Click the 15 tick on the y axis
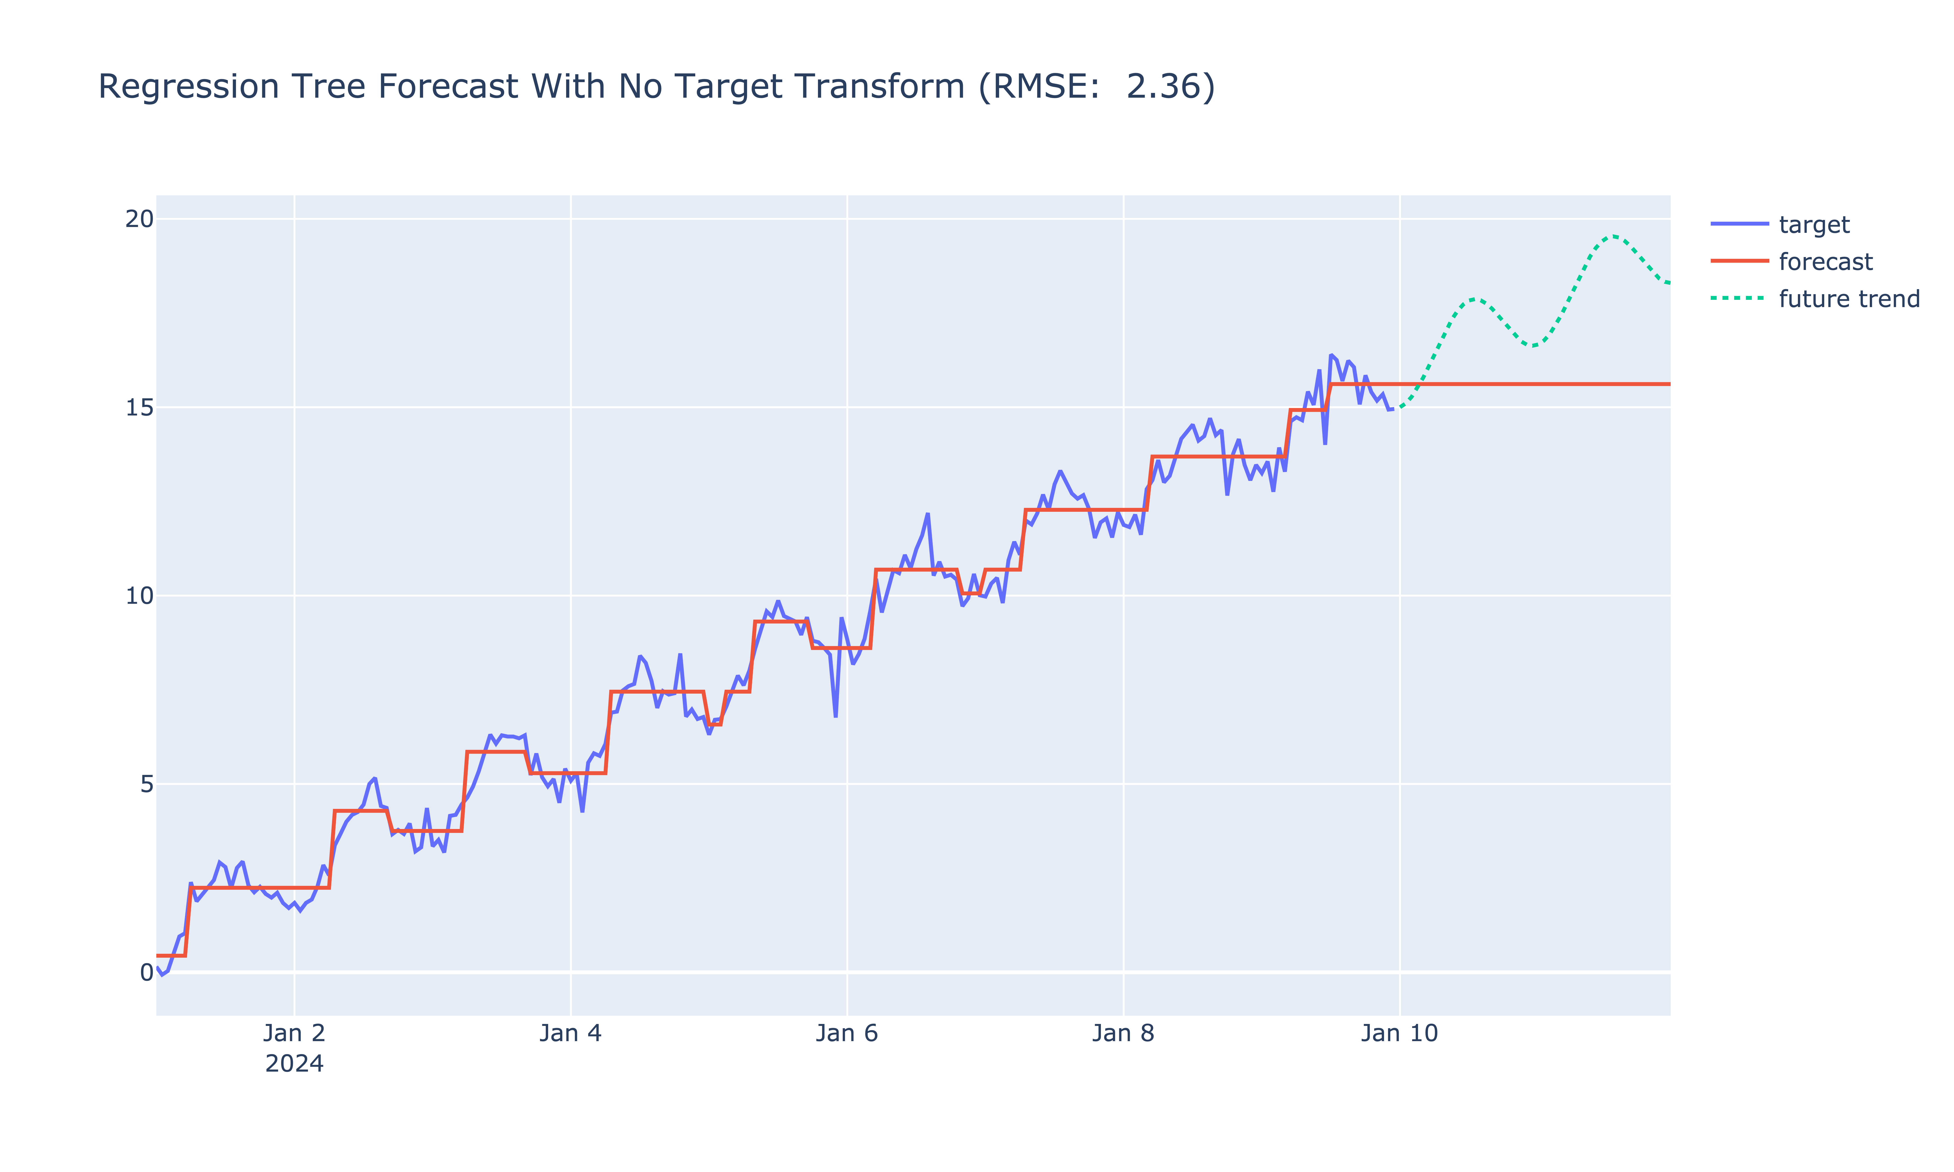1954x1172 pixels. pos(139,407)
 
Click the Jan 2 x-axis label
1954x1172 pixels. pos(294,1033)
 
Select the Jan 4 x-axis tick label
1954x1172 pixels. pos(570,1033)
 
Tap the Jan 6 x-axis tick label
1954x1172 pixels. pos(847,1033)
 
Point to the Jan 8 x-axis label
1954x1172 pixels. pos(1123,1033)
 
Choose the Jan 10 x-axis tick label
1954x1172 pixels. pos(1399,1033)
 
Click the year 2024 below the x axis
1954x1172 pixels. pos(294,1064)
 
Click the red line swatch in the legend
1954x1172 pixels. pos(1739,261)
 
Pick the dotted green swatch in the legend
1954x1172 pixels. pos(1739,298)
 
